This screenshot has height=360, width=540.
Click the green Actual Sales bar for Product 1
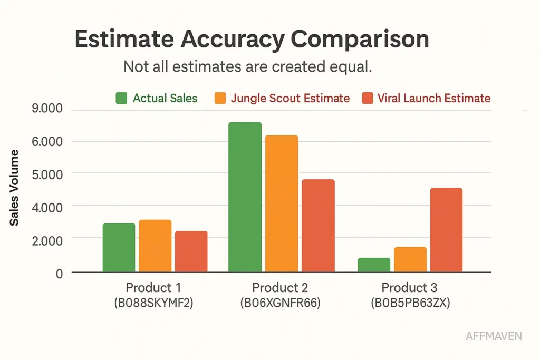119,248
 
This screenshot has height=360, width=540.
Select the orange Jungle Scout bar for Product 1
155,246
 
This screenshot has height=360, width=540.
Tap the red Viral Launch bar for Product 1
191,251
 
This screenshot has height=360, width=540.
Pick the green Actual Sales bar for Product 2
245,197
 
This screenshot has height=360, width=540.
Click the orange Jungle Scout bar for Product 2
282,203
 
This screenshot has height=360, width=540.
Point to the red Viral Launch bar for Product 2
318,226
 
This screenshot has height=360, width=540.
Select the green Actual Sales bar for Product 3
374,265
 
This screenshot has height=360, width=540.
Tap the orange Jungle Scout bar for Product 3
410,259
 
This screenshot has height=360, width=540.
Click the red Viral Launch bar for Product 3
446,230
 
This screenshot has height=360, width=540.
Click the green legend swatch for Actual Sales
121,98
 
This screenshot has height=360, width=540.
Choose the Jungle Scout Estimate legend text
290,98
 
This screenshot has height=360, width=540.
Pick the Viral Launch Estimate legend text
434,98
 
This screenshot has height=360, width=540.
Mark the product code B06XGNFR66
280,304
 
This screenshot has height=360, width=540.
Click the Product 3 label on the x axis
409,288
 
